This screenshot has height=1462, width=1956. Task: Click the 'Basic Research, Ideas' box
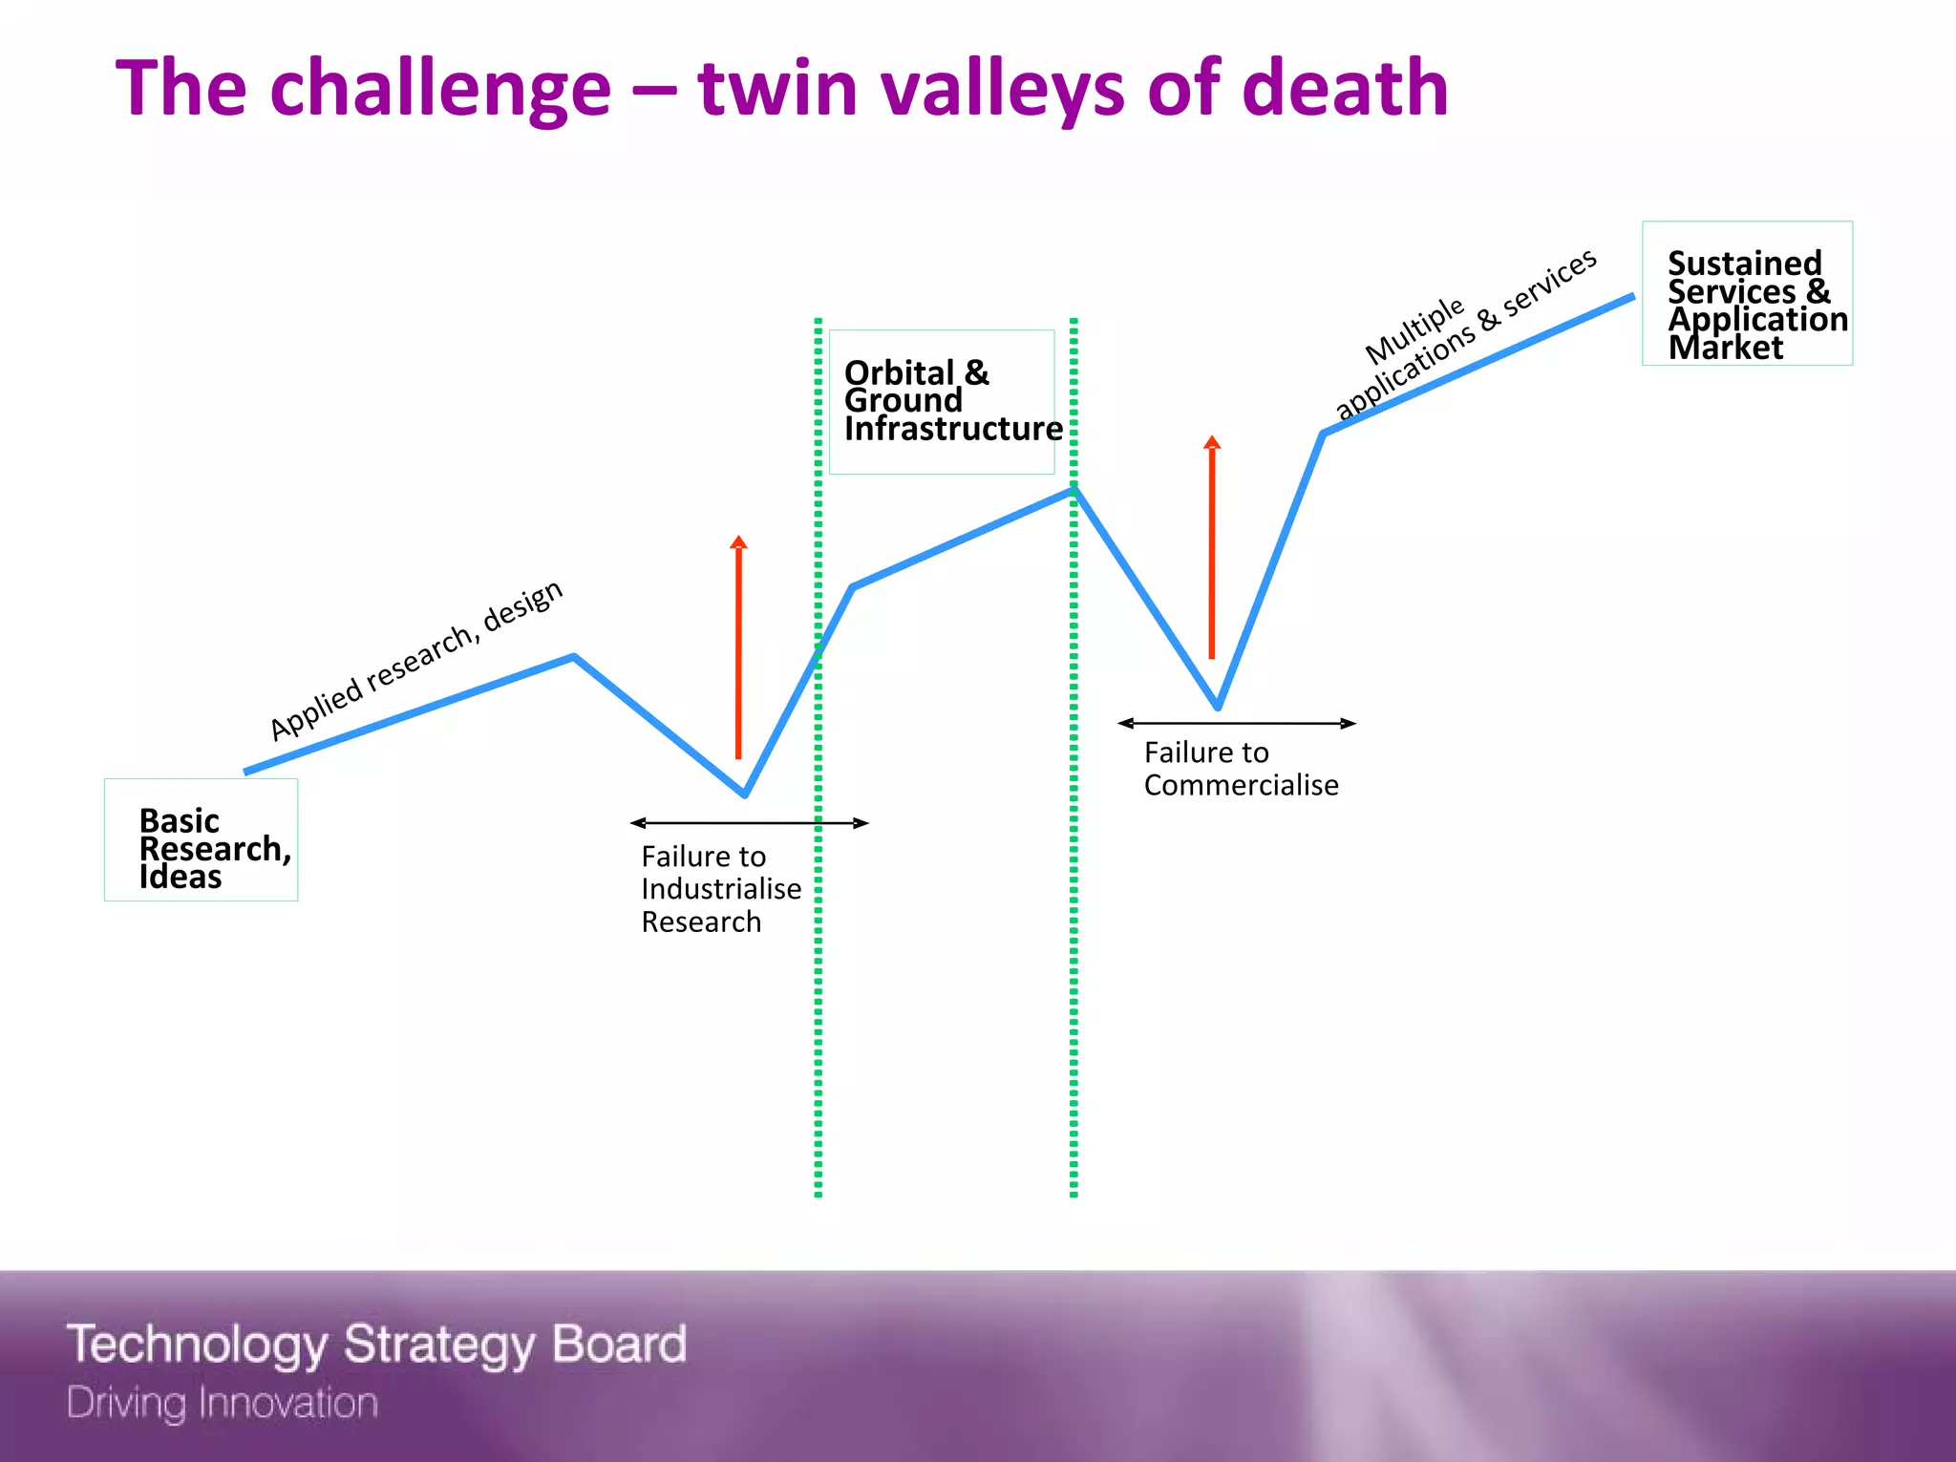click(201, 840)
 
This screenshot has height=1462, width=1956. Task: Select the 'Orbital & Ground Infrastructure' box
click(942, 402)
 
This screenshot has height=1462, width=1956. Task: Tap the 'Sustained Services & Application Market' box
click(1747, 294)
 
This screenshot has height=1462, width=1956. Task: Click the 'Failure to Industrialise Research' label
click(720, 889)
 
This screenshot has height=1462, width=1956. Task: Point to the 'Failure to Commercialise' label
click(1241, 769)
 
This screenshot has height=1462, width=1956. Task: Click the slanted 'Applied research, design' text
click(416, 661)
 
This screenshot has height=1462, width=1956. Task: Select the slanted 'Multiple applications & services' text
click(1465, 334)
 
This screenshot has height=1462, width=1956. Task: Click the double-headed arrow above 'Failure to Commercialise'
click(1237, 724)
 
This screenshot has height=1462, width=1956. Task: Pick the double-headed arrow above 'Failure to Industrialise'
click(749, 823)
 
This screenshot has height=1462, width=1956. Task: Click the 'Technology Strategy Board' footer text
click(376, 1345)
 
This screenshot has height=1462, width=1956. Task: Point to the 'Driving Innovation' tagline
click(223, 1403)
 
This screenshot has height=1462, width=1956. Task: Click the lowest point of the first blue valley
click(745, 794)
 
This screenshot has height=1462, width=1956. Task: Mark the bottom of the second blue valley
click(1218, 708)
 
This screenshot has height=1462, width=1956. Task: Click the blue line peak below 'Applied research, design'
click(573, 657)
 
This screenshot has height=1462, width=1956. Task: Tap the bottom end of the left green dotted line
click(819, 1193)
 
